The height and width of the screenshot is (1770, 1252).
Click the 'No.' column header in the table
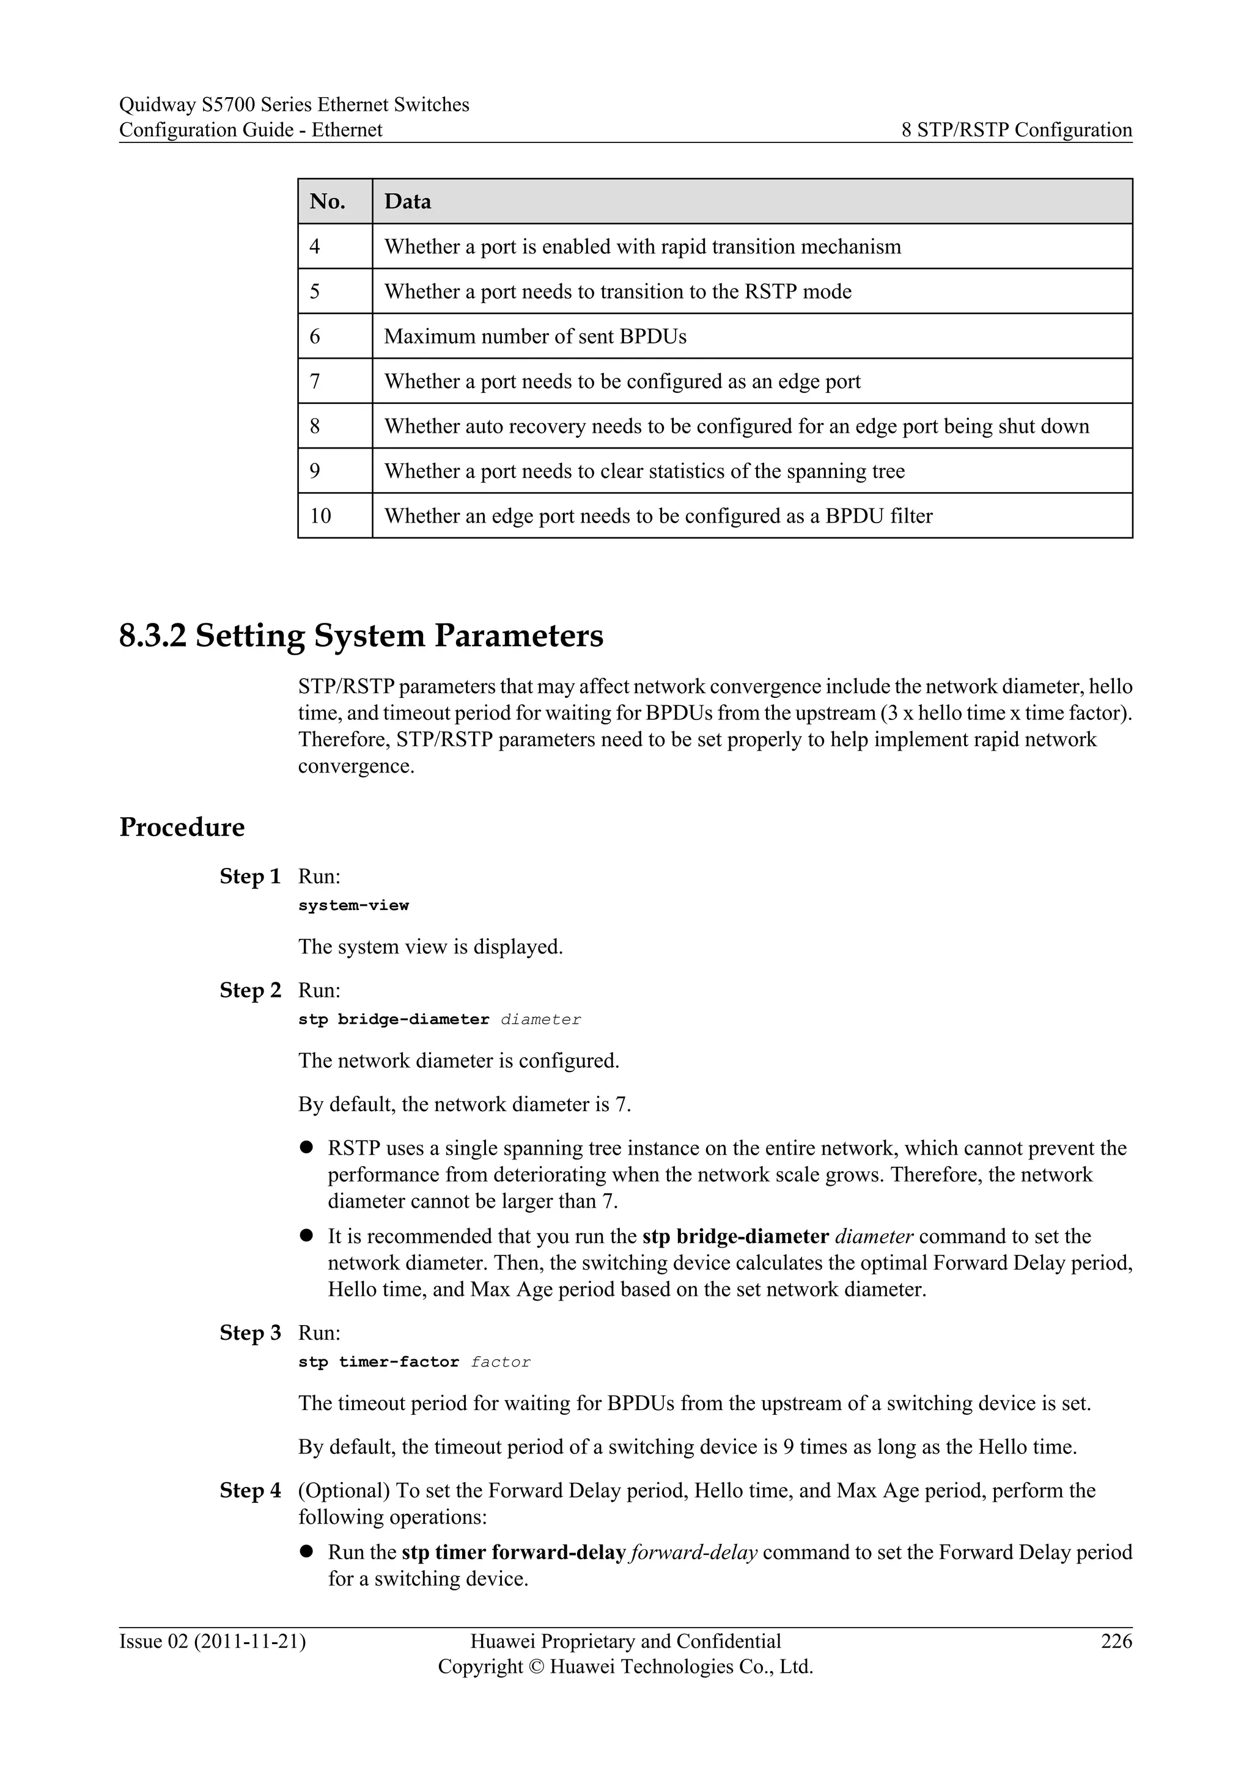tap(327, 202)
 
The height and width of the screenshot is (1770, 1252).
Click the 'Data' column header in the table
tap(407, 202)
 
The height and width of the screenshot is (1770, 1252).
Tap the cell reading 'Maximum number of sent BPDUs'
tap(535, 337)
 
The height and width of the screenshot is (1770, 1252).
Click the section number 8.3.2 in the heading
tap(153, 636)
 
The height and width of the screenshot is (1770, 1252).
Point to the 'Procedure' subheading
tap(182, 827)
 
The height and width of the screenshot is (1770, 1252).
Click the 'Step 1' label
tap(250, 876)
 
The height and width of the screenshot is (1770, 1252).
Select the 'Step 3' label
tap(250, 1333)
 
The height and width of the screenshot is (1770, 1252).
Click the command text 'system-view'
tap(353, 906)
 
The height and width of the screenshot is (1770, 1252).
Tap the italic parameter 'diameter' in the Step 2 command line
tap(540, 1020)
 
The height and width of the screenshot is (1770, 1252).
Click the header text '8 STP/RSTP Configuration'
tap(1016, 130)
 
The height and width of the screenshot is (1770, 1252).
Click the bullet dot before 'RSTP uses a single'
tap(306, 1147)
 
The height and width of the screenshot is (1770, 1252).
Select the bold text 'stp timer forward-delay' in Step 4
tap(513, 1552)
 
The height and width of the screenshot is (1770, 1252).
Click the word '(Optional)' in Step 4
tap(344, 1490)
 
